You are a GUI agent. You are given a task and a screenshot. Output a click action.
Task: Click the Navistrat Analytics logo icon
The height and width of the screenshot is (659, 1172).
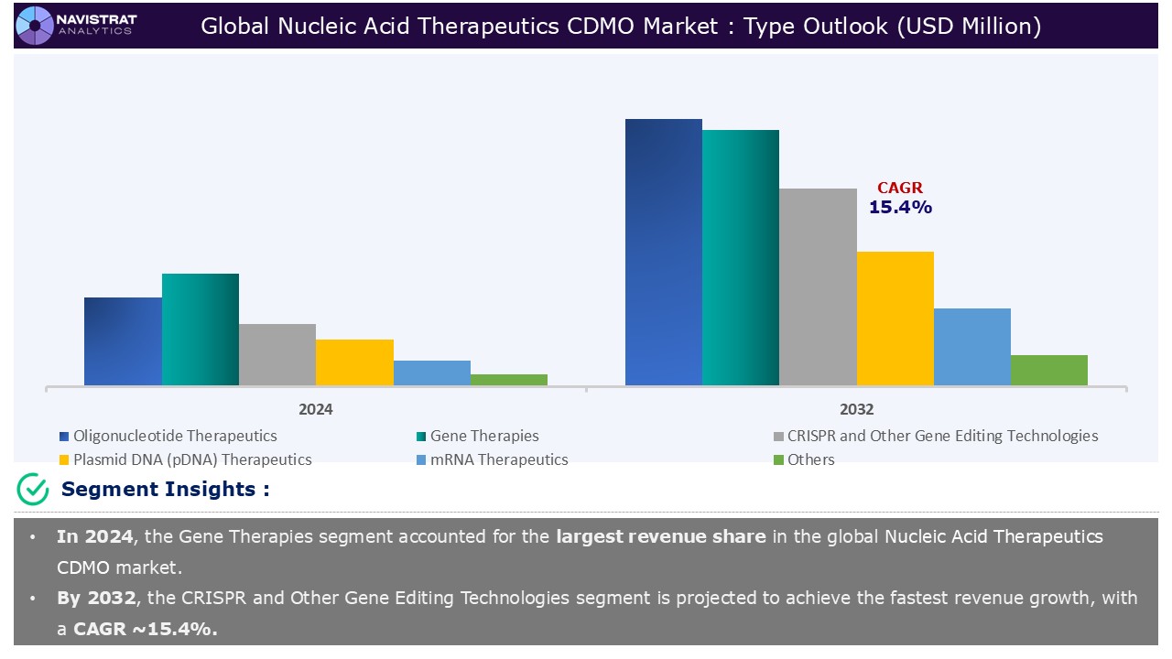(35, 25)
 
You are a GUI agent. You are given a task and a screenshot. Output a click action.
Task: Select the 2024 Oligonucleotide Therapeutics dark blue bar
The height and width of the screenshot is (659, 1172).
(123, 340)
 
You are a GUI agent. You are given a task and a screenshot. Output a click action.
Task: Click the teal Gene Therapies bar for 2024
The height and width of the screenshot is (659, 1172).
(201, 329)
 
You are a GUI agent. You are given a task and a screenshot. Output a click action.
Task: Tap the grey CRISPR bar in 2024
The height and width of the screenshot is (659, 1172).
(277, 354)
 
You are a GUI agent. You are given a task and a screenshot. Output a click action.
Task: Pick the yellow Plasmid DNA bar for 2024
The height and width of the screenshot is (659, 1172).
(354, 362)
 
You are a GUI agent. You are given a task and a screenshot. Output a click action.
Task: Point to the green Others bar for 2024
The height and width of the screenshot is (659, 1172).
(509, 380)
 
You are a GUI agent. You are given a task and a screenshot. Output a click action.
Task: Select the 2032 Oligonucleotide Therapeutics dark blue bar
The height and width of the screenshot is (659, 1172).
(664, 252)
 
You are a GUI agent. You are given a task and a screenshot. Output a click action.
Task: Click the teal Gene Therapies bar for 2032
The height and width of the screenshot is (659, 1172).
(741, 257)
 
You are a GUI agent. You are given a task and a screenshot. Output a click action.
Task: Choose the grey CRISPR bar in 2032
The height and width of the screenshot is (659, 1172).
(818, 286)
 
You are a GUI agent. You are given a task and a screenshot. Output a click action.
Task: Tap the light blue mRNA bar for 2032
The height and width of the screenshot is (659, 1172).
(972, 346)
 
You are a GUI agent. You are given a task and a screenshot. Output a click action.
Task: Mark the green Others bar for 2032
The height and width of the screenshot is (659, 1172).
(1049, 370)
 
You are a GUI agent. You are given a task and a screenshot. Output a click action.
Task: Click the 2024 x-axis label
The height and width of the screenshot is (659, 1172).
(316, 409)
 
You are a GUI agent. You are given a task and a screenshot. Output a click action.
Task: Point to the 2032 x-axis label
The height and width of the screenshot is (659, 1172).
(856, 409)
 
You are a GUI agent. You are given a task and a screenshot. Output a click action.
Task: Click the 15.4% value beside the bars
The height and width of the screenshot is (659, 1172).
(900, 208)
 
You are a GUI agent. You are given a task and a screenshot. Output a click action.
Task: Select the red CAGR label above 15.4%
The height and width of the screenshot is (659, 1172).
(900, 189)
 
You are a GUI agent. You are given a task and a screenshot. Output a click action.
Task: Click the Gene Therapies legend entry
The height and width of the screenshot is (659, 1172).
(484, 437)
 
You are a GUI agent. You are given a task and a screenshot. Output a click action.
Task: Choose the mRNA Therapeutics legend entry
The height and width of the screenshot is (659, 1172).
(499, 459)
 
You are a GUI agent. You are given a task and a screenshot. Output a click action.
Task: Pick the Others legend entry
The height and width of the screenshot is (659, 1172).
(810, 459)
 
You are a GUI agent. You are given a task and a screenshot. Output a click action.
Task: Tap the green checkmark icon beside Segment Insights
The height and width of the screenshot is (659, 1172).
(33, 490)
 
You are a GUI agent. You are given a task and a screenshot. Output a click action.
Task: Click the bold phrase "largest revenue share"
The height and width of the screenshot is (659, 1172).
(660, 536)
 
